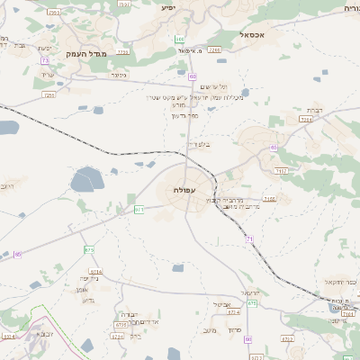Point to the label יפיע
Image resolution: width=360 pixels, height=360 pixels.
tap(167, 7)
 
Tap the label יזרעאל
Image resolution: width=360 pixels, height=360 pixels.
tap(251, 293)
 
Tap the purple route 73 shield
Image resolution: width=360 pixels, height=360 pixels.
tap(45, 60)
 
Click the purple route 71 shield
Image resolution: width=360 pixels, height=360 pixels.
tap(249, 238)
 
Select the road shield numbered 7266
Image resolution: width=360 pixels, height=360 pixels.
tap(213, 50)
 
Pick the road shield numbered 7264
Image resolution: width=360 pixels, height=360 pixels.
tap(306, 119)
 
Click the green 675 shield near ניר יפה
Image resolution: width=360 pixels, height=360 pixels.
tap(88, 249)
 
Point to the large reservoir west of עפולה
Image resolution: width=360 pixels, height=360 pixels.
tap(87, 181)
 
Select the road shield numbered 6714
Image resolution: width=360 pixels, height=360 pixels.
tap(95, 271)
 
